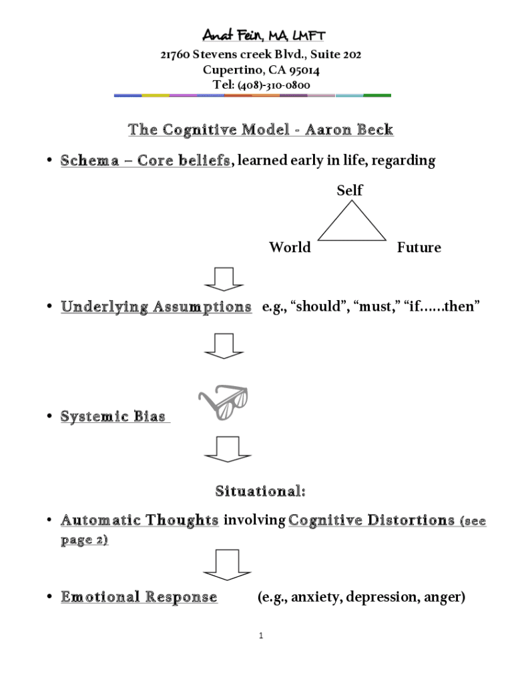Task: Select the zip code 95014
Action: [304, 70]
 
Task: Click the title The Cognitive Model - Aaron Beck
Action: [260, 129]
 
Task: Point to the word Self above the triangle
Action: [349, 190]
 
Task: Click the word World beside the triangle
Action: [290, 247]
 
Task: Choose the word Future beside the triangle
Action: [419, 247]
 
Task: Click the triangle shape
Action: [351, 224]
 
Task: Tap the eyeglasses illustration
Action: [224, 404]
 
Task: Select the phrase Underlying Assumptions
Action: [156, 307]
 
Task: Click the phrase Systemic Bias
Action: [113, 416]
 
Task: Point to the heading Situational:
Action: [260, 492]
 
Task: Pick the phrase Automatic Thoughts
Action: [140, 520]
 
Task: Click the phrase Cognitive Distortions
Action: [371, 520]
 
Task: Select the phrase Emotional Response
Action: [139, 597]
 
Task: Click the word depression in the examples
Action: [378, 597]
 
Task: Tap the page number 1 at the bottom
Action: [262, 636]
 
